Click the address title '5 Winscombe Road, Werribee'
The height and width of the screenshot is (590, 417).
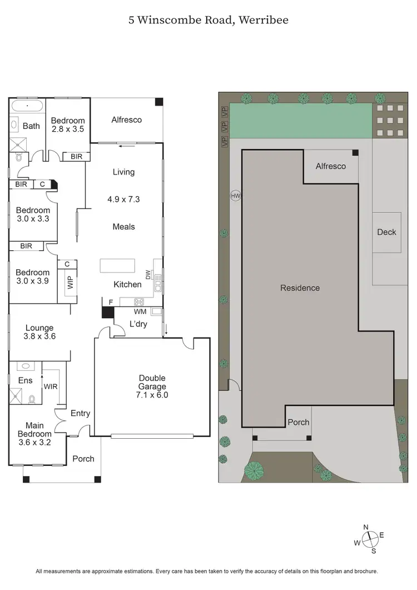point(208,20)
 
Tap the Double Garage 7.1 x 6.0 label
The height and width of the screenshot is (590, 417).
point(152,386)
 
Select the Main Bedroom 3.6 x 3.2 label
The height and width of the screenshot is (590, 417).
point(34,434)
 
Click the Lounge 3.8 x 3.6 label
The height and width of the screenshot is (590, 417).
point(39,332)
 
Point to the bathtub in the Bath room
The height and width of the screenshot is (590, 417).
point(27,106)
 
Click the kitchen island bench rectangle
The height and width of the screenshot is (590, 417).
point(118,266)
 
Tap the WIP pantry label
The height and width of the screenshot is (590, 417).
point(70,282)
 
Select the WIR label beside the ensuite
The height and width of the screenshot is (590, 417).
point(51,386)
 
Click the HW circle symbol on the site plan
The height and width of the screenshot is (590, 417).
point(236,196)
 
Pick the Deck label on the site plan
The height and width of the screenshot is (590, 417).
point(386,232)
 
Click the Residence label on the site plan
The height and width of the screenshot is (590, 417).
point(300,287)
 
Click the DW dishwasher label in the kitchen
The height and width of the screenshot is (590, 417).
point(147,274)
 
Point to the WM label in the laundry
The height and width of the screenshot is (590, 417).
point(140,311)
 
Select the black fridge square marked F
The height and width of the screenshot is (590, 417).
point(107,311)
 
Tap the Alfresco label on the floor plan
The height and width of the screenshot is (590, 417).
point(126,120)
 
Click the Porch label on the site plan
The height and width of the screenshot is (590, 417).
point(298,422)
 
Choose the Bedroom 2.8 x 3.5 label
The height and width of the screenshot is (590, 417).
point(68,125)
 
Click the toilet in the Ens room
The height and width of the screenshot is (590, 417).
point(32,399)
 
